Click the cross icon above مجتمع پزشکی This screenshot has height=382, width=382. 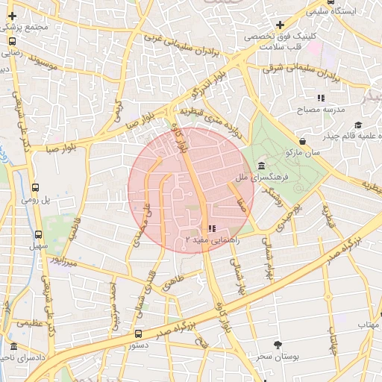tap(13, 15)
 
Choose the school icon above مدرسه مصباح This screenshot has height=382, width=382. tap(321, 97)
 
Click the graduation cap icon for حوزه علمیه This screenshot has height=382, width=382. tap(358, 125)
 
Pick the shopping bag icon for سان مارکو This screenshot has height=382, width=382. tap(301, 140)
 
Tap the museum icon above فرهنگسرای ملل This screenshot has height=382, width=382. tap(260, 166)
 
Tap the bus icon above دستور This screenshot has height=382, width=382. tap(138, 334)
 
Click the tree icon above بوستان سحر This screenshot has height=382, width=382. tap(278, 345)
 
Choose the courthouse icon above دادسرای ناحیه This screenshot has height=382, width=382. tap(13, 347)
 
